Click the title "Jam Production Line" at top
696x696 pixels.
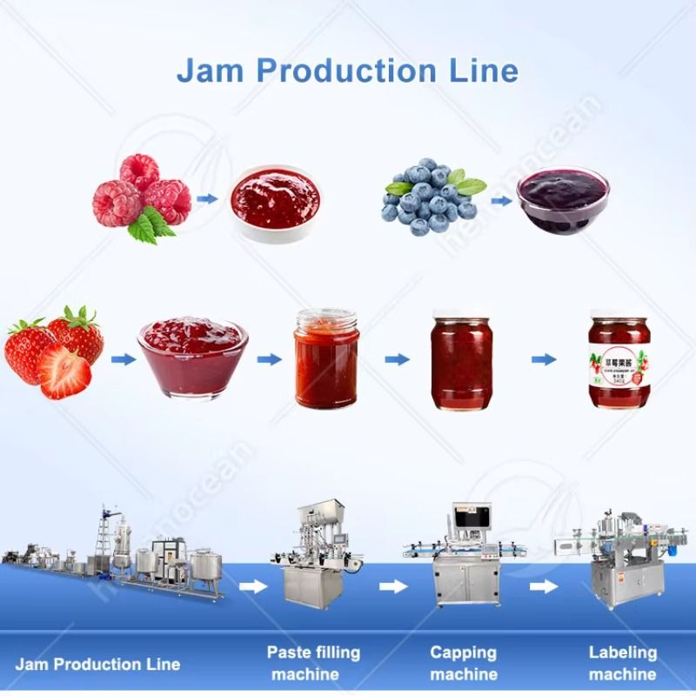coord(347,70)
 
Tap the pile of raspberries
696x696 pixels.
coord(141,196)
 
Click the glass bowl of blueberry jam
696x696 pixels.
coord(562,200)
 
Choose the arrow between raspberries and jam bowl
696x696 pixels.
coord(206,198)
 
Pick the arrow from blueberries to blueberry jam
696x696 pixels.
coord(500,200)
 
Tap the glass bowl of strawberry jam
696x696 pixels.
coord(192,356)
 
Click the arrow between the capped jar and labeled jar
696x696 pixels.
coord(544,359)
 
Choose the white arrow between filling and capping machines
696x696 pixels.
coord(393,586)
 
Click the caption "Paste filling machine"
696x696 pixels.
coord(313,663)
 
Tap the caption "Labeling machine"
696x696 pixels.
coord(622,662)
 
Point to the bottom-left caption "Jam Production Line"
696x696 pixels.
coord(97,664)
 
